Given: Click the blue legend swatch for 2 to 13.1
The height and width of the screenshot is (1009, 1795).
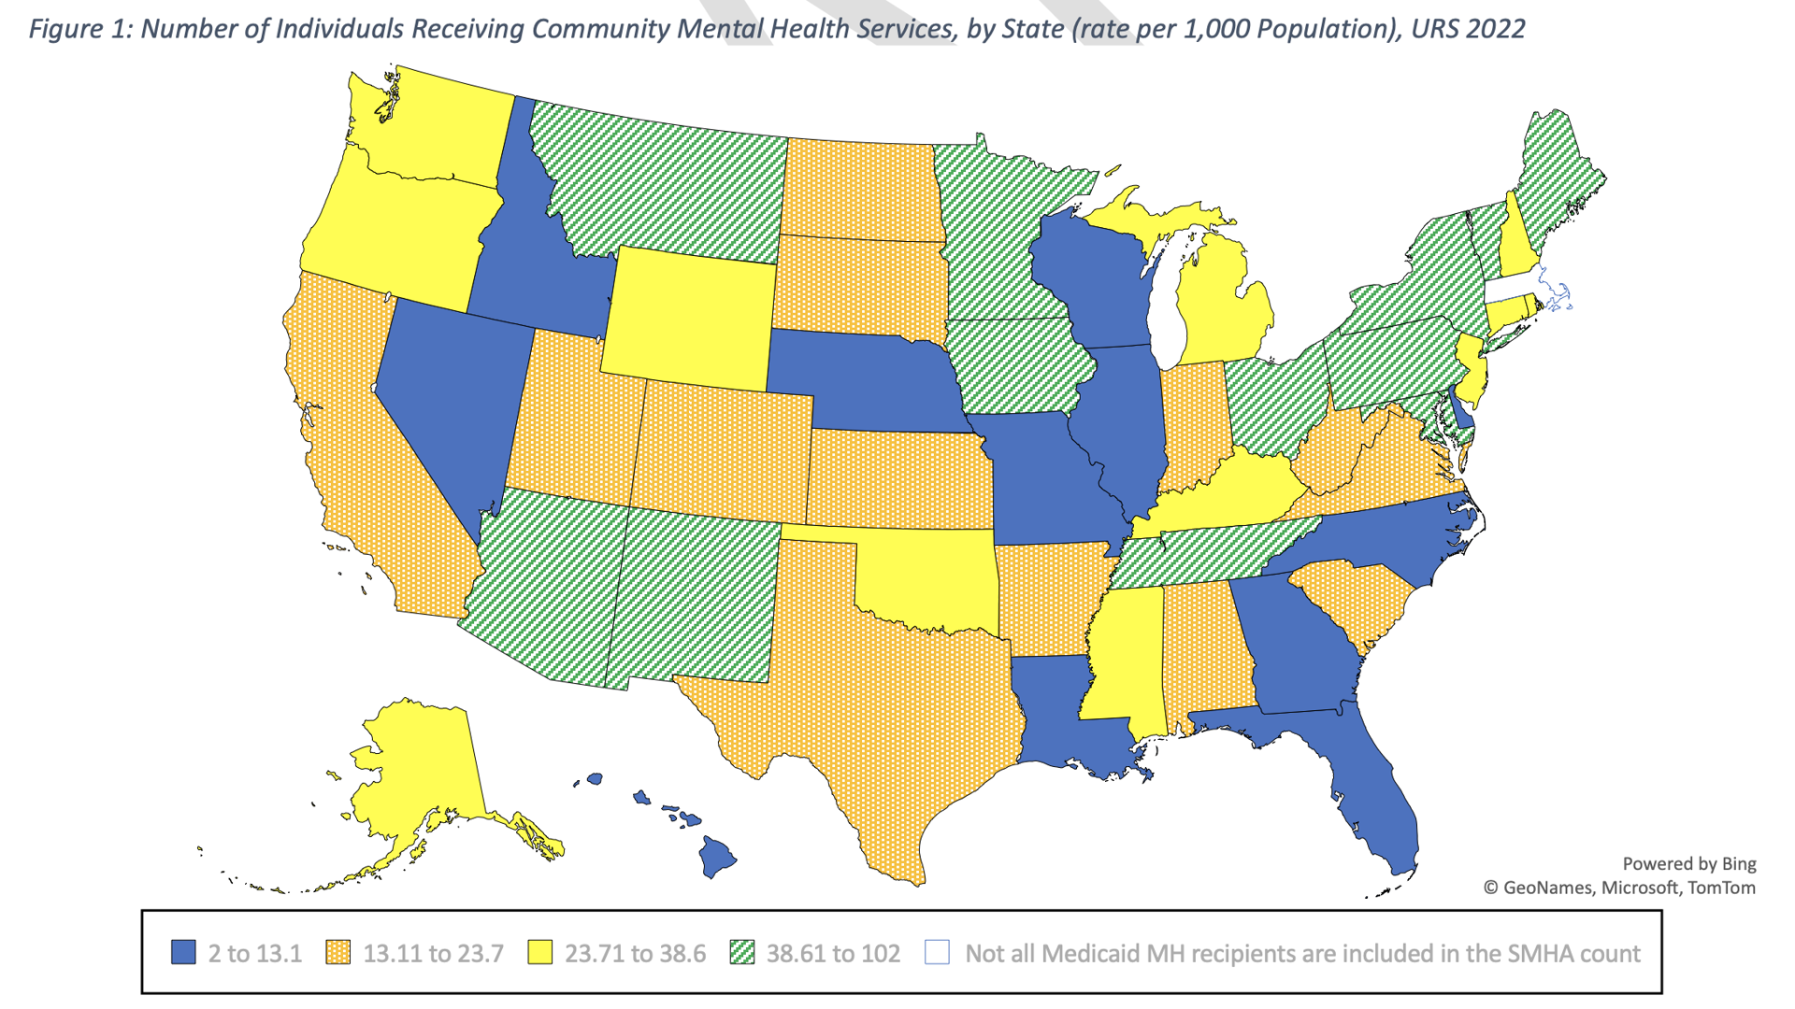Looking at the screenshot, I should pos(183,952).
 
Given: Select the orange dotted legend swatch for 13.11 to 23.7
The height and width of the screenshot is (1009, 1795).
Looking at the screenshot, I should pos(337,952).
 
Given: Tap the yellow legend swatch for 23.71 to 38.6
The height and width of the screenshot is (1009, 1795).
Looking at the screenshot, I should pos(539,952).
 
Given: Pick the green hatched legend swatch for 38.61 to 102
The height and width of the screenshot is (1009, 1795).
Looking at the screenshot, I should pos(741,952).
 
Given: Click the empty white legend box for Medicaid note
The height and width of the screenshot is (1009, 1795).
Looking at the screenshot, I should pos(937,952).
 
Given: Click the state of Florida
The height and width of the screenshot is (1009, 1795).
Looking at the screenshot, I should pos(1374,794).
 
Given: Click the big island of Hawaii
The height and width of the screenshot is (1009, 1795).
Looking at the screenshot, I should pos(717,856).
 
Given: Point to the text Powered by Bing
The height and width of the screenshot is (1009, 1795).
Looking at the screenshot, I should pos(1688,863).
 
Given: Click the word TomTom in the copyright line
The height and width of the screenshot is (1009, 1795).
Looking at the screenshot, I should pos(1721,888).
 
